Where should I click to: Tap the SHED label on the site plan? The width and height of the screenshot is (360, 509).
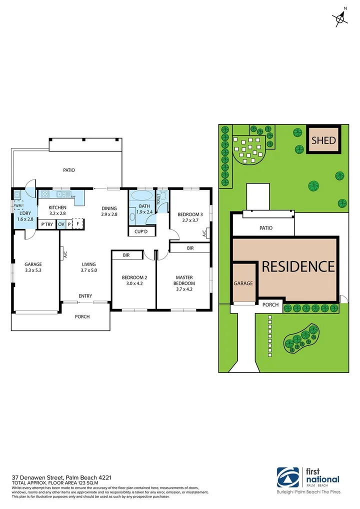[x=323, y=140]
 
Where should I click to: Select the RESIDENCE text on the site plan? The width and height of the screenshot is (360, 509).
[x=298, y=266]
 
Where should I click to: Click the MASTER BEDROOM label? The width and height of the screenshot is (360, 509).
[x=184, y=280]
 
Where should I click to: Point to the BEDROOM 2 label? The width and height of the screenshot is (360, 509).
[x=133, y=277]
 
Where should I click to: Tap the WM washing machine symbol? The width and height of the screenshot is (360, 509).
[x=18, y=205]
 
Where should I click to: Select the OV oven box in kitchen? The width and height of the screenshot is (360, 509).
[x=61, y=224]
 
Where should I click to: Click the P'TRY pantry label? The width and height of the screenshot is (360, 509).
[x=47, y=224]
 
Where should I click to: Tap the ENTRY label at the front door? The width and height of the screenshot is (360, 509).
[x=85, y=296]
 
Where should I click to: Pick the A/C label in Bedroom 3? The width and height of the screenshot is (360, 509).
[x=204, y=233]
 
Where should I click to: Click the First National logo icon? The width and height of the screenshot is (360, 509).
[x=288, y=477]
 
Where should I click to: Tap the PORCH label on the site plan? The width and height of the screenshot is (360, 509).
[x=270, y=304]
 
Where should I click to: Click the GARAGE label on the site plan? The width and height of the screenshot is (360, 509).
[x=243, y=283]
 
